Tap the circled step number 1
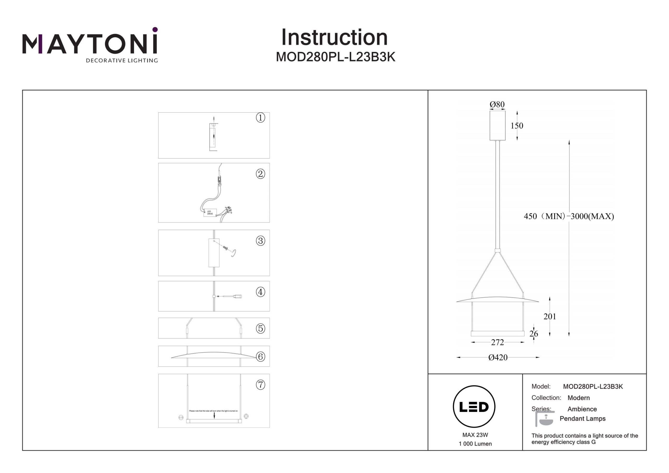tap(260, 118)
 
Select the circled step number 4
tap(260, 292)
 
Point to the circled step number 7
tap(260, 385)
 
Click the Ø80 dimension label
tap(497, 104)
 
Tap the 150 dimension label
tap(517, 126)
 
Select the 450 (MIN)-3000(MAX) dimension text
tap(569, 216)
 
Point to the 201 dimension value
tap(550, 316)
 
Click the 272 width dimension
tap(497, 342)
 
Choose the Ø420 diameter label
tap(498, 357)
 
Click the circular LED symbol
tap(474, 407)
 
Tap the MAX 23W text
tap(475, 435)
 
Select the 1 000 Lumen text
tap(475, 444)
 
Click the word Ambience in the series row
tap(582, 409)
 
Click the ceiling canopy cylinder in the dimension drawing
tap(497, 125)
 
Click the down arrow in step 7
tap(214, 415)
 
